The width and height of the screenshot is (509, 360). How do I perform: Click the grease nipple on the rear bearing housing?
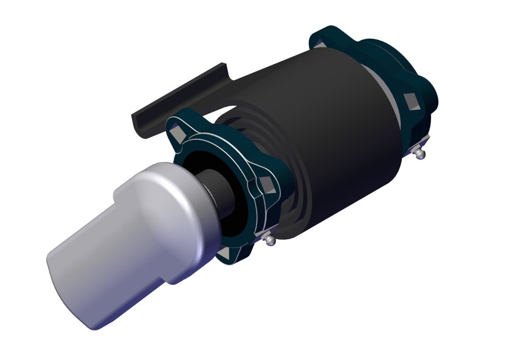pos(418,153)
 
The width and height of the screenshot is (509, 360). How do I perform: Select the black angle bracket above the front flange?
pos(173,102)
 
